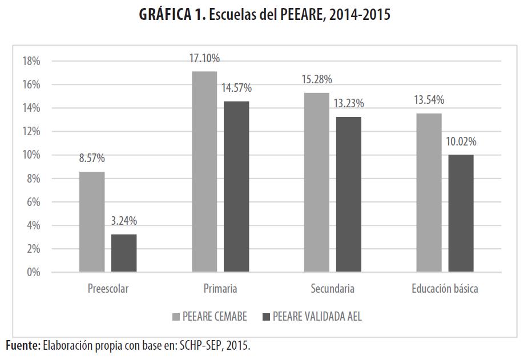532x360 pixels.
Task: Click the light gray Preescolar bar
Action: click(92, 221)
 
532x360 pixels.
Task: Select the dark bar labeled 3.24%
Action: click(124, 253)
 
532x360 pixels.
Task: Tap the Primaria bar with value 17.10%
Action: click(204, 171)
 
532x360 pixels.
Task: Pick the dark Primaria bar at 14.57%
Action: click(236, 186)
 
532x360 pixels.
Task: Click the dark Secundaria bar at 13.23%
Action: click(348, 194)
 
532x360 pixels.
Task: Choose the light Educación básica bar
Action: click(429, 192)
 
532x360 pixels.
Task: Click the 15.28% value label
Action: click(317, 79)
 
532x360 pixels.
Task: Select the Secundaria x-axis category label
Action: click(332, 289)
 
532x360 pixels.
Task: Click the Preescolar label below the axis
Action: click(108, 289)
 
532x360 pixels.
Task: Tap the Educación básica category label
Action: click(445, 289)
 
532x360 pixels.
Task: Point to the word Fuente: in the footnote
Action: click(23, 345)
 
